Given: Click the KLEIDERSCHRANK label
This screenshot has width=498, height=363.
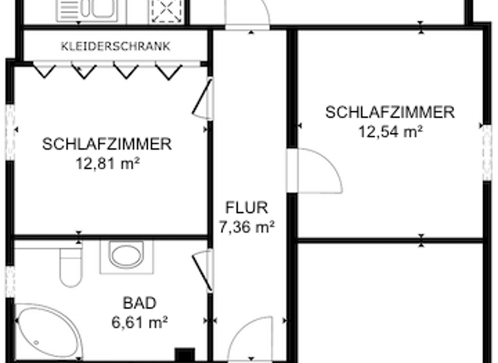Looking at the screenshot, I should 115,46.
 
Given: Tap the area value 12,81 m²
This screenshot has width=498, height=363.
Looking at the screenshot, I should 107,163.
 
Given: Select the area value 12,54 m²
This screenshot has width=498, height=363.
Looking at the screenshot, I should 390,132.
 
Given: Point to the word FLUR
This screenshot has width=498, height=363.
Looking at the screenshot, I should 246,208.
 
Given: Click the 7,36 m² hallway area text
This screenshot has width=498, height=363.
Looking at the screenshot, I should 246,227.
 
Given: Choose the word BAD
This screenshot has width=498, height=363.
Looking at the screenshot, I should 139,303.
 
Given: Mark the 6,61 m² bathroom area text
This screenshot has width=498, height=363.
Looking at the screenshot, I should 139,321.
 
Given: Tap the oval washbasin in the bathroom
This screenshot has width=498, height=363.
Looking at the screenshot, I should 126,255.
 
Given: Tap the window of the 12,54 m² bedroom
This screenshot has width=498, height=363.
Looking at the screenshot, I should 486,153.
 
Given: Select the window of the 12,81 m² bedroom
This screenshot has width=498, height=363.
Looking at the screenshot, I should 10,132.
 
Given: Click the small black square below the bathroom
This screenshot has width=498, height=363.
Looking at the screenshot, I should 185,355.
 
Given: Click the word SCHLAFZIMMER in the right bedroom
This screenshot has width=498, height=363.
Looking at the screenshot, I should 390,112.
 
